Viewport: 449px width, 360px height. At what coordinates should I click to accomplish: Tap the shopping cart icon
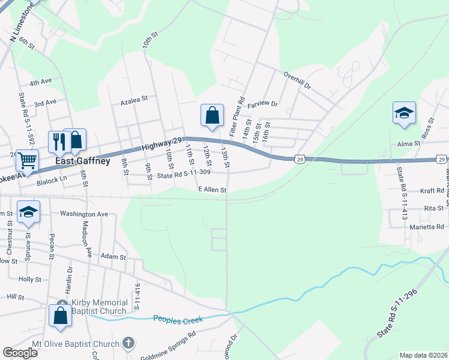click(26, 161)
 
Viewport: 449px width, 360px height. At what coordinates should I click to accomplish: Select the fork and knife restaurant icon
click(58, 142)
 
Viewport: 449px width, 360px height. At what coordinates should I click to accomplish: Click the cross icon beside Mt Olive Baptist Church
click(128, 344)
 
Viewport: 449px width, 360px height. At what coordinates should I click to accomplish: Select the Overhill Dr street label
click(297, 82)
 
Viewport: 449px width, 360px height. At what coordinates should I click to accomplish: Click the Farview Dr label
click(263, 104)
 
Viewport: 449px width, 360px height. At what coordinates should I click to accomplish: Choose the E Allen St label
click(212, 190)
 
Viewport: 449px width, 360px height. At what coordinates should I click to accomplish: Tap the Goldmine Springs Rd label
click(169, 347)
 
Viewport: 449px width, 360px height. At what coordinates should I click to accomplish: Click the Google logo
click(20, 352)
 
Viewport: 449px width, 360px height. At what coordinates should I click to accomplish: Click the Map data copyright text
click(423, 355)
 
